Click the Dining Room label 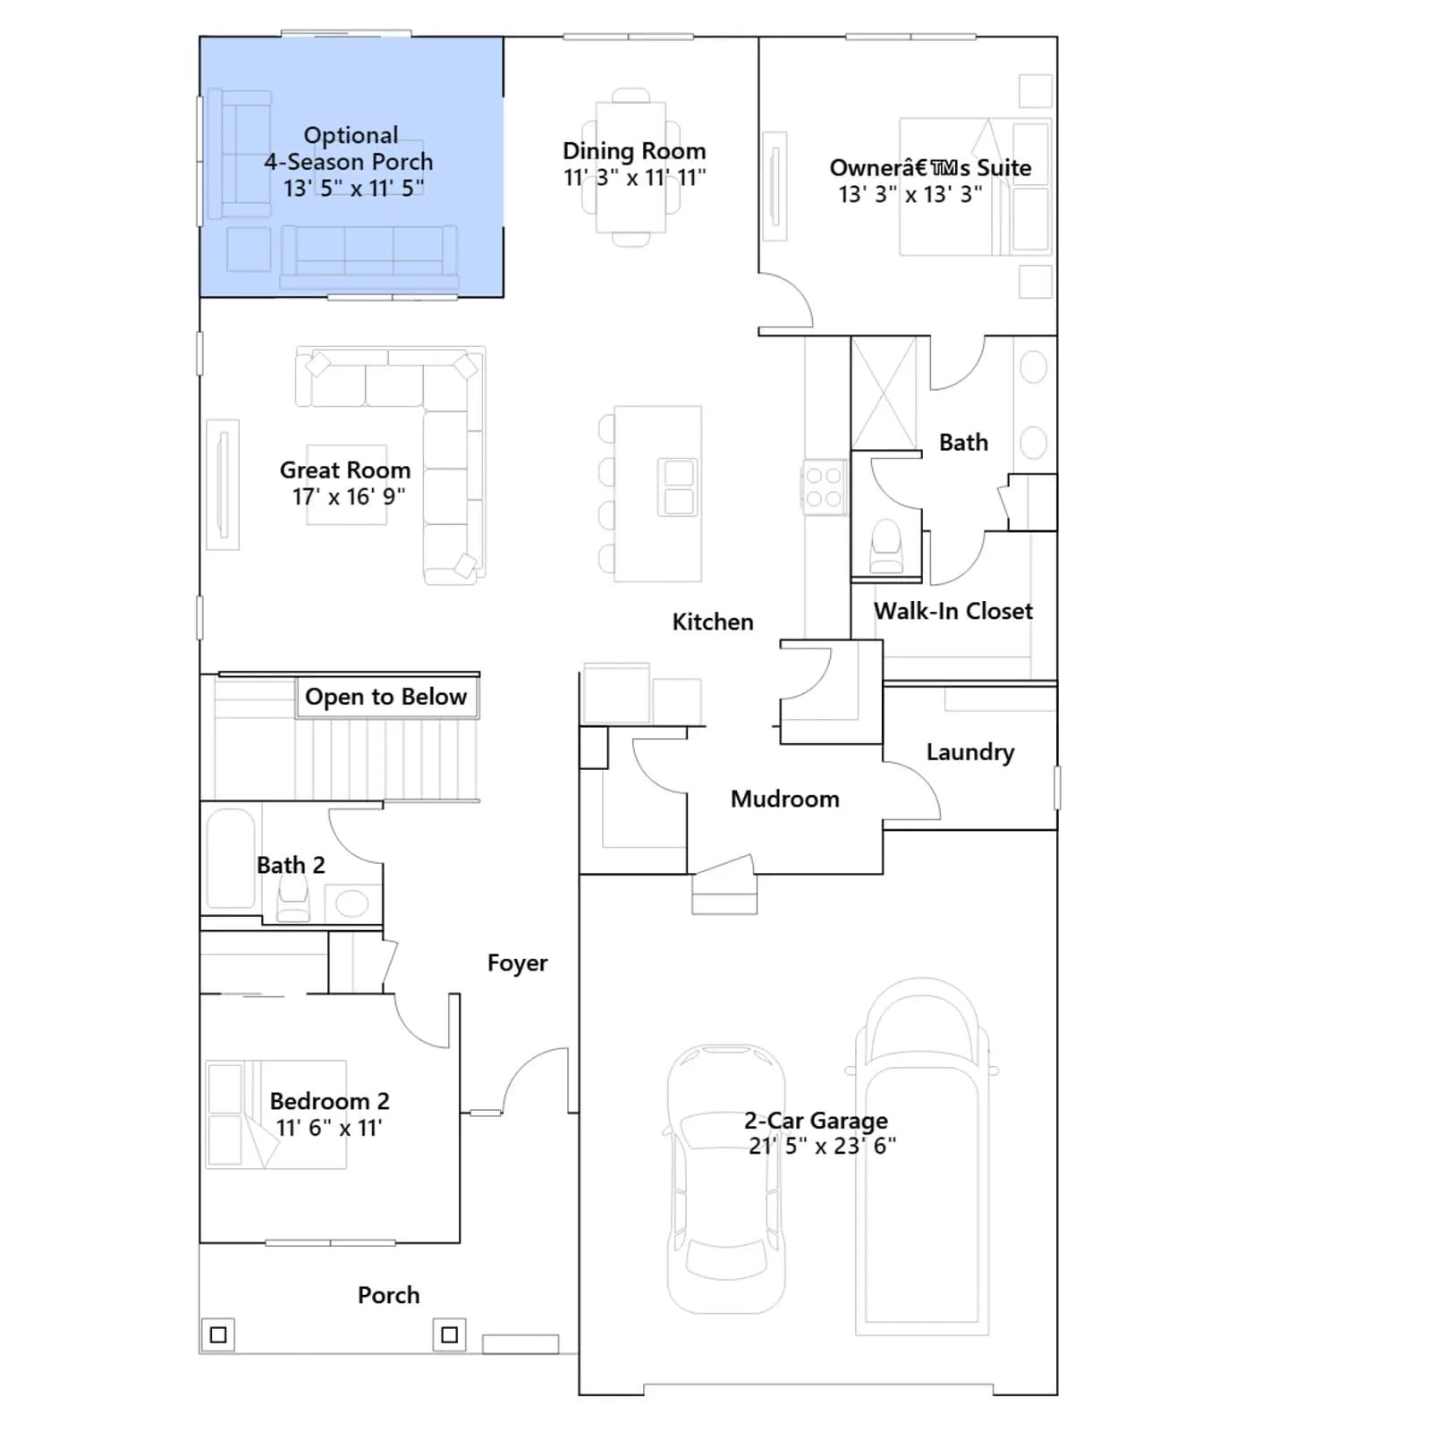click(634, 150)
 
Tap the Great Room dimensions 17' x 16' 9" click(349, 496)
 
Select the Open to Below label click(385, 696)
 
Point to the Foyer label click(517, 962)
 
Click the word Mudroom click(784, 799)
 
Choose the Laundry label click(970, 752)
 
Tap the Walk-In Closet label click(953, 611)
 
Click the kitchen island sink click(679, 487)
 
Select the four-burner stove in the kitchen click(823, 487)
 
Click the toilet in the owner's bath click(886, 546)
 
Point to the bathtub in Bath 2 click(231, 859)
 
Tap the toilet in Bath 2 click(293, 898)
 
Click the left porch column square click(217, 1335)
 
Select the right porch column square click(449, 1335)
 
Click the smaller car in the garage click(725, 1179)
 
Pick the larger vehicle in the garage click(923, 1156)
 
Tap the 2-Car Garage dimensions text click(822, 1146)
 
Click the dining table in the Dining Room click(631, 167)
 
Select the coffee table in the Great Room click(347, 484)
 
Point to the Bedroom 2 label click(329, 1101)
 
